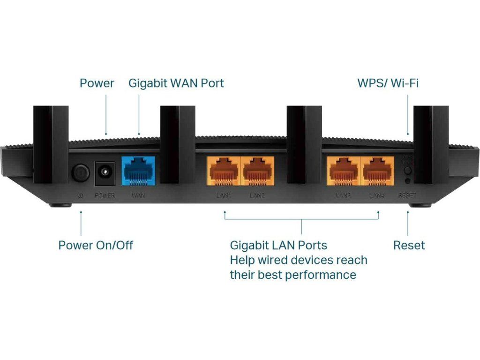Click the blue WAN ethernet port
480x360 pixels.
tap(138, 172)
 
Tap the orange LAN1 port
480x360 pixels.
tap(224, 172)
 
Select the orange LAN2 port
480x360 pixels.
tap(257, 172)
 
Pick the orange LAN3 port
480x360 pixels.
tap(344, 172)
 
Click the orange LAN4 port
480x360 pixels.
tap(377, 172)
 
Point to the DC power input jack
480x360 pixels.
tap(105, 174)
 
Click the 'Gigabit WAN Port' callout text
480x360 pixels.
tap(176, 83)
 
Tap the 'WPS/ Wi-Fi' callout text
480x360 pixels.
tap(388, 83)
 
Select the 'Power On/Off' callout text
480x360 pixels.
tap(96, 245)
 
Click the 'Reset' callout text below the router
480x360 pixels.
tap(409, 245)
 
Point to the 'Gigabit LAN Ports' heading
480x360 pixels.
tap(278, 245)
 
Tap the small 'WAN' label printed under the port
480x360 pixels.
tap(138, 195)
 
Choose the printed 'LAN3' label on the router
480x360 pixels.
tap(344, 195)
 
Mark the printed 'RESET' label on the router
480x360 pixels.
tap(406, 195)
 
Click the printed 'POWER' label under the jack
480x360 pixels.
tap(105, 195)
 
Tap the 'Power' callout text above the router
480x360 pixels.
tap(97, 83)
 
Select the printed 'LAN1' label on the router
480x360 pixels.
tap(224, 195)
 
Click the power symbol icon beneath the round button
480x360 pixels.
tap(80, 195)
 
